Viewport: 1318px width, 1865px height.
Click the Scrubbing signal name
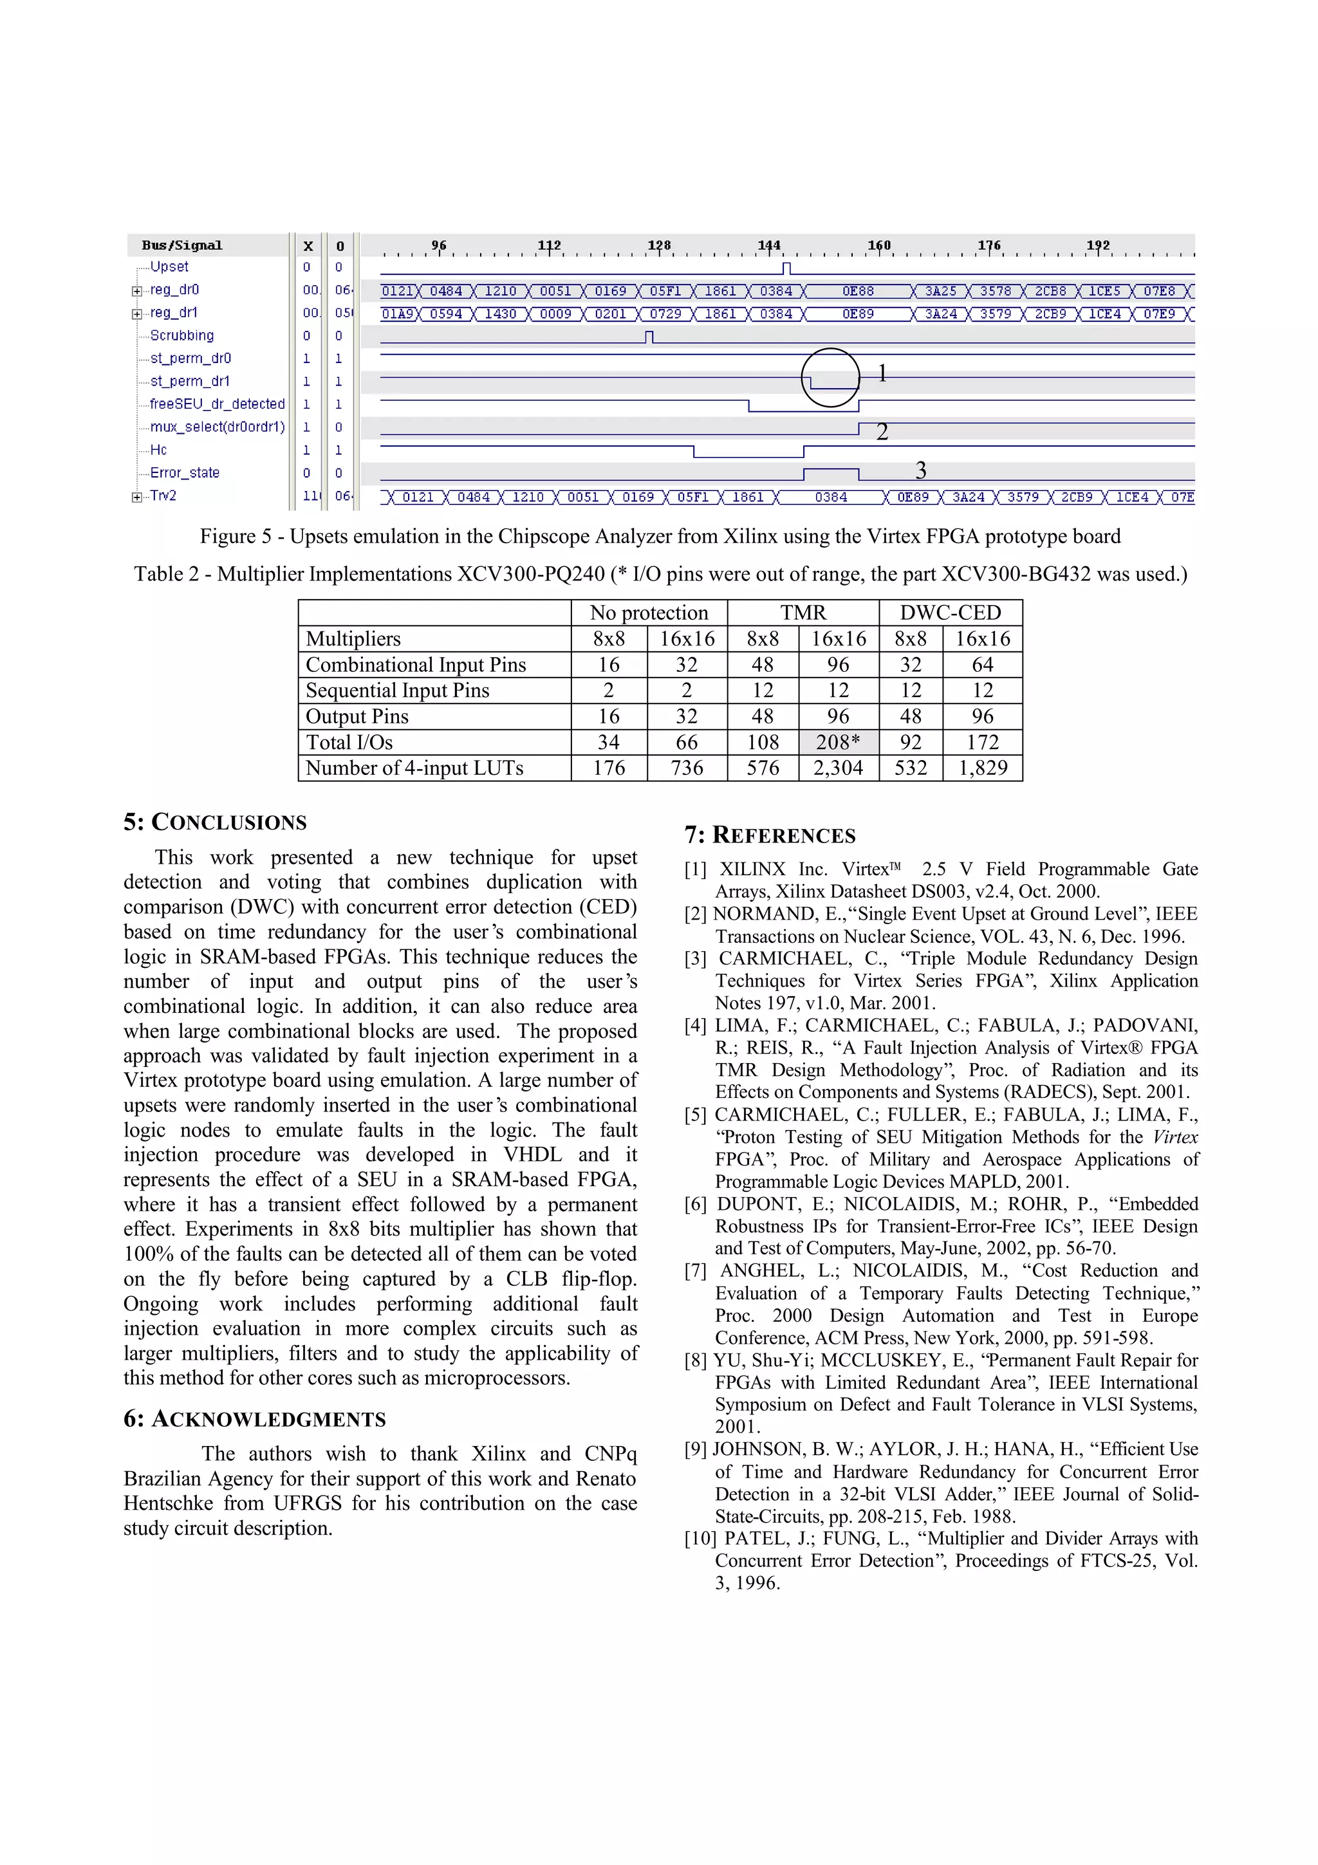point(182,335)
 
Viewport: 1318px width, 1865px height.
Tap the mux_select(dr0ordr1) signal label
point(217,427)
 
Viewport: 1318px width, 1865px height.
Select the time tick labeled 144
point(768,245)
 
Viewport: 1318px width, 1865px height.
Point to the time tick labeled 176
point(988,245)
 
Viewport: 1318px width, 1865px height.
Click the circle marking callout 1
point(830,378)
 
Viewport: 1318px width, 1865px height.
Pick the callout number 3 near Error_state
point(920,470)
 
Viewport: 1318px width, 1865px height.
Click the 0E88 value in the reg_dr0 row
point(858,291)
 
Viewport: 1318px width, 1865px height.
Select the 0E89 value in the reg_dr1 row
point(858,313)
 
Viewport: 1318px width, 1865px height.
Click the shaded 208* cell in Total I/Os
point(838,743)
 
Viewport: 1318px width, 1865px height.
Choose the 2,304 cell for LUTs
point(838,768)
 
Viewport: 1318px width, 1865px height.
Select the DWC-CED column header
point(950,613)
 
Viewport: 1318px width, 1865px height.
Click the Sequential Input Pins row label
point(397,691)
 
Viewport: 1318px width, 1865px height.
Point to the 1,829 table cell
point(983,768)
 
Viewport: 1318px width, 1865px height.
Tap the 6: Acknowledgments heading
point(254,1419)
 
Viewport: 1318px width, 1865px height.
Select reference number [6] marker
point(696,1205)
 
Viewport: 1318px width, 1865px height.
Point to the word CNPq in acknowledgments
point(610,1454)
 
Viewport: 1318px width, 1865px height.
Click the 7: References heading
point(769,835)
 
